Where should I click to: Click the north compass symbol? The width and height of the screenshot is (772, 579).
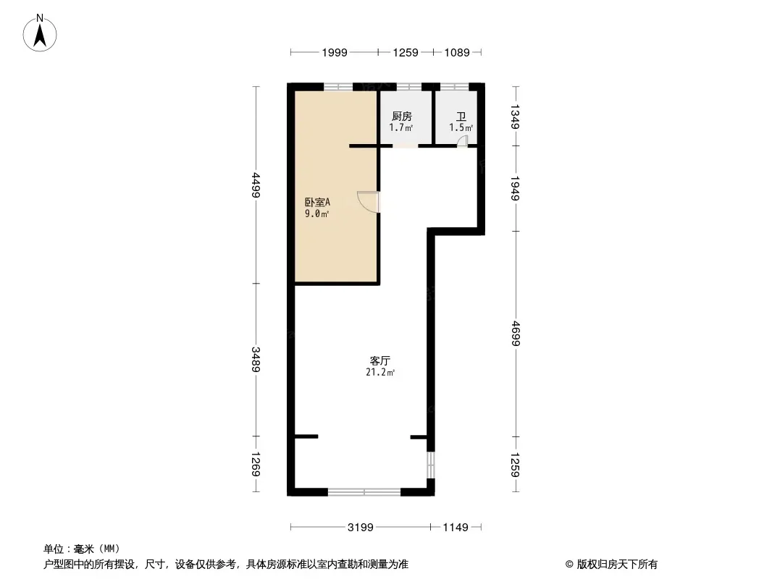41,33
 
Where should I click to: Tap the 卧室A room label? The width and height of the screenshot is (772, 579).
317,202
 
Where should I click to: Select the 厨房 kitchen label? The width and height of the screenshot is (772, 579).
401,116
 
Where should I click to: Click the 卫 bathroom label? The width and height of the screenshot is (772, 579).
461,116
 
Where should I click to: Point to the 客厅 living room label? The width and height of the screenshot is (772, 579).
381,360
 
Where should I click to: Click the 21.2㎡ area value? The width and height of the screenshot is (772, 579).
381,373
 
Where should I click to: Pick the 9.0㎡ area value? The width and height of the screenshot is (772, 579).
317,214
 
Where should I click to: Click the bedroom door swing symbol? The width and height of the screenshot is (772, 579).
369,202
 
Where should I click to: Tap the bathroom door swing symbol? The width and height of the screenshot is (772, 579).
462,142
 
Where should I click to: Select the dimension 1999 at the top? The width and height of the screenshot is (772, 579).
335,52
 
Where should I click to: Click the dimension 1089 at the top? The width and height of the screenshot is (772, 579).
457,52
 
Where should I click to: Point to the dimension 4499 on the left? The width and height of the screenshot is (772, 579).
256,185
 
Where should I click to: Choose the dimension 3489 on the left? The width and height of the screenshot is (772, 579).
256,360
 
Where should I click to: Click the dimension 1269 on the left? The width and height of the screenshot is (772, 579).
256,465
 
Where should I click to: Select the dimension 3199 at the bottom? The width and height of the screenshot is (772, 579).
360,528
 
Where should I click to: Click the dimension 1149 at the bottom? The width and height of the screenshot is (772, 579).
456,528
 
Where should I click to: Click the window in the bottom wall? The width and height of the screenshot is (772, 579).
364,492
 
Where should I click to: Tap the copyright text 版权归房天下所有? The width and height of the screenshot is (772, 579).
611,565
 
